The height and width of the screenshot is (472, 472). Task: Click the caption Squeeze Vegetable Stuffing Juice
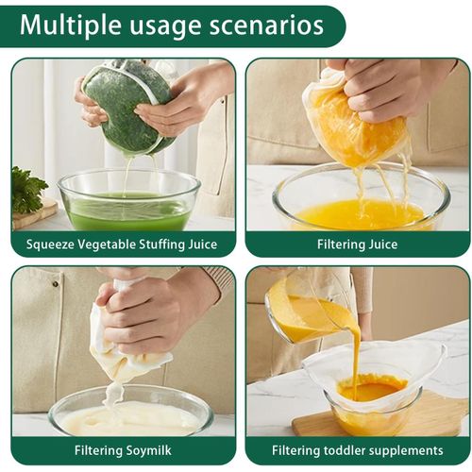pos(122,244)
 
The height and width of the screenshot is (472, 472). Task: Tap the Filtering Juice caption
pos(357,244)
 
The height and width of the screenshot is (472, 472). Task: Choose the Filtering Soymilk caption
pos(123,450)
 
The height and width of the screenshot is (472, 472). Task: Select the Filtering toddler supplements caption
pos(357,450)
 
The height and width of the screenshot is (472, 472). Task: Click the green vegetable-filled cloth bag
pos(127,104)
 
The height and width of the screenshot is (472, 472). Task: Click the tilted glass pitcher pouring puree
pos(302,312)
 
